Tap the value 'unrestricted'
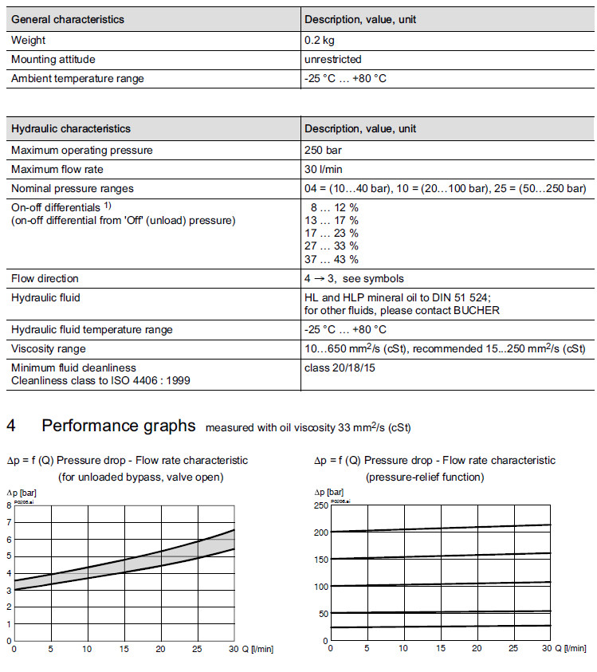click(x=332, y=59)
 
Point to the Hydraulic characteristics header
click(x=71, y=128)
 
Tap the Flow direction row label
click(x=45, y=279)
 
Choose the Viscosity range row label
click(x=49, y=349)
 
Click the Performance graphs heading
click(x=118, y=426)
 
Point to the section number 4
click(x=11, y=426)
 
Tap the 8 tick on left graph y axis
click(x=8, y=505)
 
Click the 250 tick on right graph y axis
click(x=321, y=505)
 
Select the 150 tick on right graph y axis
click(x=321, y=560)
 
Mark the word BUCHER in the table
click(x=477, y=310)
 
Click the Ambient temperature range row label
click(x=77, y=78)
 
